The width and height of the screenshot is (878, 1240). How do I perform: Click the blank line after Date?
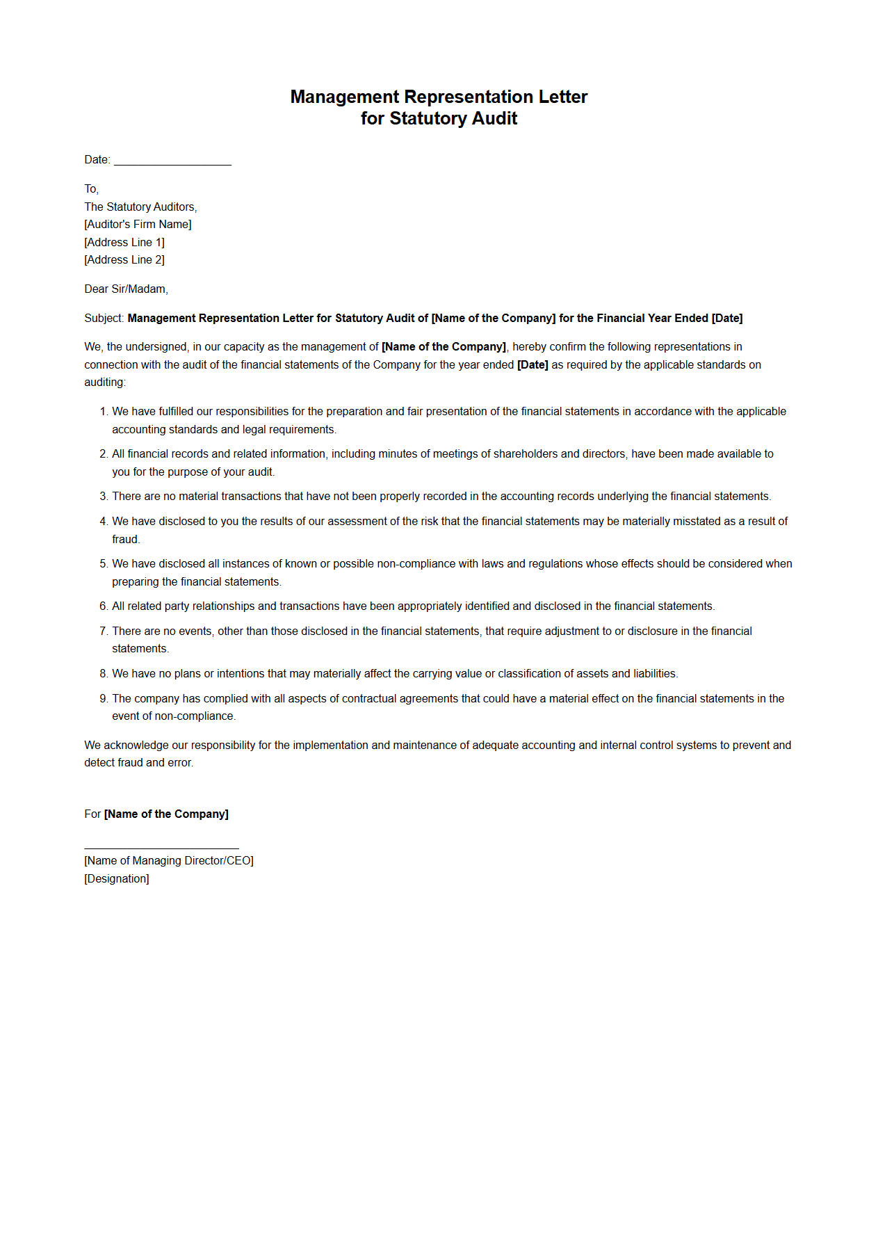(172, 161)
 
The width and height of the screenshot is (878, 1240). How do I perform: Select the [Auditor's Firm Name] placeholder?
(138, 225)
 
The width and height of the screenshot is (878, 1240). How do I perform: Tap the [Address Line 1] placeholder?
(124, 243)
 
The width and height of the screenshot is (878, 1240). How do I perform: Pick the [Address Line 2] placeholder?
(124, 260)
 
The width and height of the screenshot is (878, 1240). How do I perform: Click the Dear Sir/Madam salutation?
(126, 289)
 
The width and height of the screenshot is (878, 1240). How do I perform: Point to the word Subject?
(104, 319)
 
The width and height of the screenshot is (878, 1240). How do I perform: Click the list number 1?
(103, 412)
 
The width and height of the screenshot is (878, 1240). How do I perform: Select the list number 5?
(103, 564)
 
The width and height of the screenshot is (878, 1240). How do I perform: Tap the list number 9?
(103, 699)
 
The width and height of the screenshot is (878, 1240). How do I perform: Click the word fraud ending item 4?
(125, 540)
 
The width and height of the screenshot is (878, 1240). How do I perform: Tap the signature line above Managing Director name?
(161, 848)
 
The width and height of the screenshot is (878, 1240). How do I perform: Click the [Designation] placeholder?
(117, 879)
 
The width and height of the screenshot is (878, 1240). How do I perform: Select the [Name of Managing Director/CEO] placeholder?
(169, 861)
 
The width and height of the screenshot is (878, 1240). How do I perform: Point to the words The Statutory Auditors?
(140, 207)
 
